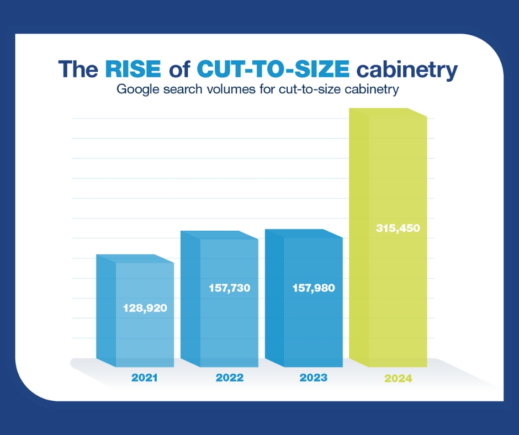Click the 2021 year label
(x=145, y=378)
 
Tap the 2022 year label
(x=229, y=378)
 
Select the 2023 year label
(x=313, y=378)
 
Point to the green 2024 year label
(x=398, y=379)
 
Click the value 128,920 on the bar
(x=145, y=307)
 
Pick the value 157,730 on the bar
(x=229, y=288)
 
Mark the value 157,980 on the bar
(x=313, y=288)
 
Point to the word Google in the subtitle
(x=135, y=89)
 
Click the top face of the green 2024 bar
(x=389, y=112)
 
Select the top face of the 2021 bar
(x=135, y=258)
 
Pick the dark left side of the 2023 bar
(x=274, y=298)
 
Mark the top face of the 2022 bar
(x=220, y=235)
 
